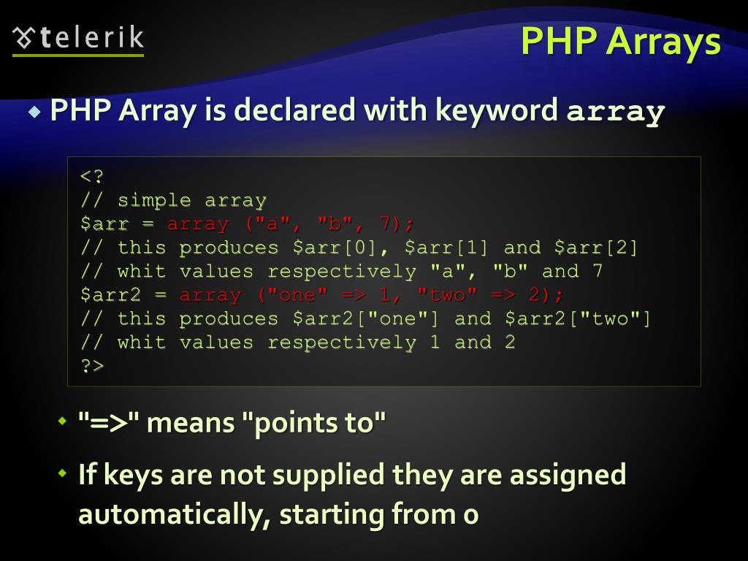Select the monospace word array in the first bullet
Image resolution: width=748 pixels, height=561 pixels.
click(616, 112)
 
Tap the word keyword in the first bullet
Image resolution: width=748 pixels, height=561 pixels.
click(497, 111)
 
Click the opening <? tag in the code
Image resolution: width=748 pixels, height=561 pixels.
click(93, 177)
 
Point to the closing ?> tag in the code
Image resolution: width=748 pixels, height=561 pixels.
click(93, 365)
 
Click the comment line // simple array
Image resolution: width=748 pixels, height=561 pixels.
click(173, 200)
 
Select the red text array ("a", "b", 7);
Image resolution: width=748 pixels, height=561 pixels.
click(291, 224)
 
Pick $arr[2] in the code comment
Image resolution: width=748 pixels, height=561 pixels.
click(596, 248)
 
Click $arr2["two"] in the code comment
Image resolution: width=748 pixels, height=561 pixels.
click(577, 318)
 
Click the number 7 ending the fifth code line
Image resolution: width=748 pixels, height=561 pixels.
click(598, 271)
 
